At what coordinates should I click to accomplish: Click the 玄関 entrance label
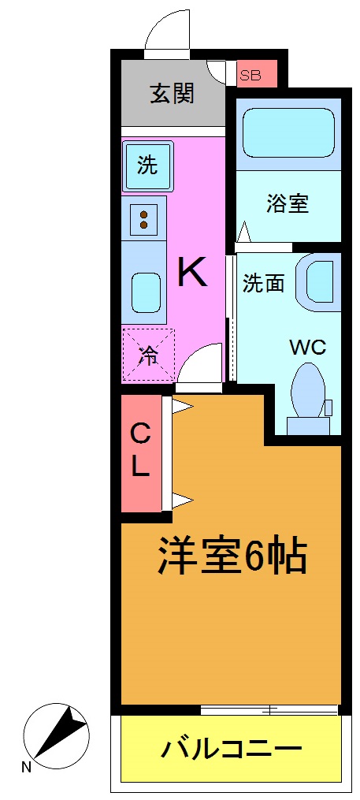tap(173, 95)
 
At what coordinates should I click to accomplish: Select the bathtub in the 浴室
tap(287, 132)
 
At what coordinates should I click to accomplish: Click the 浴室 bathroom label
tap(287, 204)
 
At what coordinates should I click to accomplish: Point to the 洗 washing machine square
tap(148, 165)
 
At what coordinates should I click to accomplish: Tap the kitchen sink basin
tap(144, 292)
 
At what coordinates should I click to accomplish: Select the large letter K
tap(192, 273)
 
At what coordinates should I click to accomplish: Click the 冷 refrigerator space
tap(148, 355)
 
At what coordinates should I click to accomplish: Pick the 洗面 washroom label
tap(263, 284)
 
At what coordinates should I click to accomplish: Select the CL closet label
tap(140, 451)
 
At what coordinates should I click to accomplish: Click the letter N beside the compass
tap(27, 767)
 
